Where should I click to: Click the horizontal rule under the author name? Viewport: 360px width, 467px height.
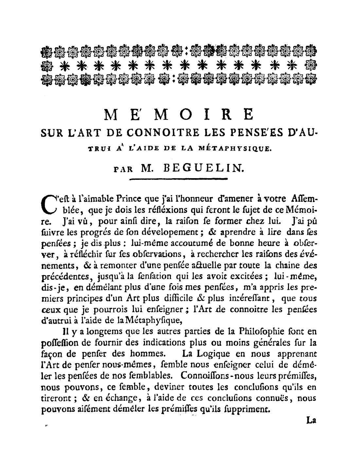coord(178,179)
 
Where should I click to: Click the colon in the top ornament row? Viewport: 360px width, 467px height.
coord(186,51)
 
